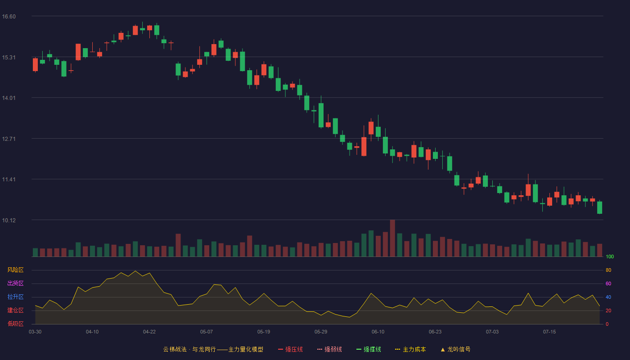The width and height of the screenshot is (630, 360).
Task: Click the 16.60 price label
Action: [9, 17]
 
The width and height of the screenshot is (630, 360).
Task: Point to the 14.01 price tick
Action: [9, 98]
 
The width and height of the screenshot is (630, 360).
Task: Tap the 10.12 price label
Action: [9, 220]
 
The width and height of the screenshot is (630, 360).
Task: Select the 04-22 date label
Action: [149, 332]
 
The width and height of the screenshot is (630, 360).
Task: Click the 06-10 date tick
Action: [378, 332]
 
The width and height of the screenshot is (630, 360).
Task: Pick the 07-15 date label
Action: [549, 332]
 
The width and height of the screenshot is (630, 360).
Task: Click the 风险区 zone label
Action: [15, 270]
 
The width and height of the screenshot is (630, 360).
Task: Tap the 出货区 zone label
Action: [15, 283]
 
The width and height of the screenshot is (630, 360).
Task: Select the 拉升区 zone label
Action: [15, 297]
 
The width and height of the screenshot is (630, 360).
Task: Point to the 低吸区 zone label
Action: [15, 324]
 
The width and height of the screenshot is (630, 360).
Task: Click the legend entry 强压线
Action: [291, 349]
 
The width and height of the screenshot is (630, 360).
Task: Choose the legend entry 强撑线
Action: [369, 349]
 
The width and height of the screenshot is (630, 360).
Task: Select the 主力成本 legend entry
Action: [410, 349]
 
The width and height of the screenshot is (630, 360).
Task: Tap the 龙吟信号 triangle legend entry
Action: [455, 349]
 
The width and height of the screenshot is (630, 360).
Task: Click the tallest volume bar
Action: [392, 238]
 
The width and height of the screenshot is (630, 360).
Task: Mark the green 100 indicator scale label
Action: [610, 256]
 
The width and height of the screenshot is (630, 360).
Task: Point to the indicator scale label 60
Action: [608, 283]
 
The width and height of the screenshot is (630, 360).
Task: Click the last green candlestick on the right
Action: [599, 207]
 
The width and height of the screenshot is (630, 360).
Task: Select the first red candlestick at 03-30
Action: [35, 65]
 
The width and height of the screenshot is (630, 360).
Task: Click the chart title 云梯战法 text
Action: [175, 349]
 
